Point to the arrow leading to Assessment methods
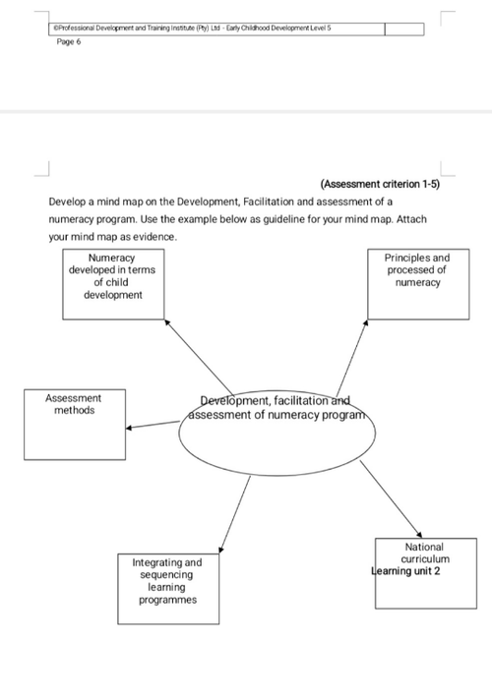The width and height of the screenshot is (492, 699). [153, 425]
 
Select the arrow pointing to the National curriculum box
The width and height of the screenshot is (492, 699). [391, 499]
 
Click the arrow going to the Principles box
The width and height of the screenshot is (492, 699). [352, 358]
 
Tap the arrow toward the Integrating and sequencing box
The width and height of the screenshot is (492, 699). [234, 514]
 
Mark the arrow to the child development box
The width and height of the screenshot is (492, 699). [199, 357]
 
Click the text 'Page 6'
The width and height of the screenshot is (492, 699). [69, 42]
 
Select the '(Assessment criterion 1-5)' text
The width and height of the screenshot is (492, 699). [380, 184]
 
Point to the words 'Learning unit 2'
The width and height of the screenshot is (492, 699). [405, 571]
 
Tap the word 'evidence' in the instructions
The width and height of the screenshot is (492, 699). [154, 237]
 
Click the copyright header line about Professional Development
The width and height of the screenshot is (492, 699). [192, 29]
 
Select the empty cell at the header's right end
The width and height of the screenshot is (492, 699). [404, 29]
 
